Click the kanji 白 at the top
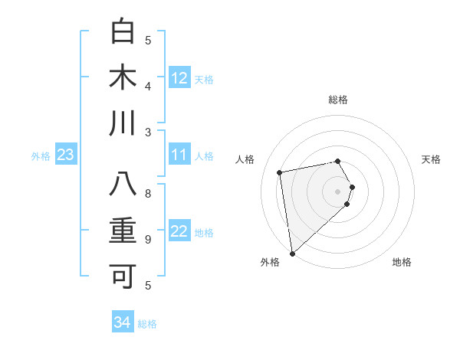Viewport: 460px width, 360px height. (x=123, y=32)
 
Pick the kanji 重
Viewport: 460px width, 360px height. (x=123, y=231)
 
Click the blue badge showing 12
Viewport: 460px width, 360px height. (x=179, y=78)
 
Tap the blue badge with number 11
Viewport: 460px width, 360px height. (x=179, y=155)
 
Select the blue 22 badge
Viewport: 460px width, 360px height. (x=179, y=232)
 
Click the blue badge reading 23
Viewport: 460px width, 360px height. (x=66, y=155)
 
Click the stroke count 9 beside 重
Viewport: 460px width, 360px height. (x=148, y=240)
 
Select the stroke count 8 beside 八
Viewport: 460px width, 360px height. (x=148, y=194)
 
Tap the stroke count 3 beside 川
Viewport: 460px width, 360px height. (x=148, y=132)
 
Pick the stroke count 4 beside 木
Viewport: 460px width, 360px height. (x=148, y=86)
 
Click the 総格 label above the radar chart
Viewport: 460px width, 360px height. (x=338, y=100)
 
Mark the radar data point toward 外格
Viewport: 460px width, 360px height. (x=292, y=253)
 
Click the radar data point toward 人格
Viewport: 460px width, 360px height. (x=280, y=172)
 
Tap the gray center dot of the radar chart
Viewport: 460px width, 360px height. (x=338, y=191)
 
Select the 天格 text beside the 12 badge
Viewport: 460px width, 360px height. (x=204, y=79)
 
